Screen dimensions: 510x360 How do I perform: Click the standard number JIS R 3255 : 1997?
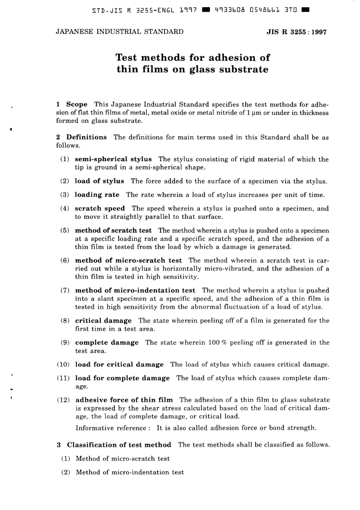click(x=296, y=32)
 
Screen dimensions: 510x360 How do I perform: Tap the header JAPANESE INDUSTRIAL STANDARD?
click(x=119, y=32)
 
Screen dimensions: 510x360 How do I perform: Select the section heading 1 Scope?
click(x=72, y=104)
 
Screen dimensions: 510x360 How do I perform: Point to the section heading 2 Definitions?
click(x=81, y=137)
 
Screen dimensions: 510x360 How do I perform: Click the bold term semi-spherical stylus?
click(x=113, y=159)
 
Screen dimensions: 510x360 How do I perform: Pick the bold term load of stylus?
click(x=99, y=181)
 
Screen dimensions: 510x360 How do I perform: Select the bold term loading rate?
click(x=97, y=195)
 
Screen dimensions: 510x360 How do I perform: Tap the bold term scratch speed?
click(x=100, y=209)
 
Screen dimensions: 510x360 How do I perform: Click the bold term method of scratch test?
click(x=113, y=231)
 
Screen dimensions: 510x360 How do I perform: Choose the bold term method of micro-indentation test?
click(x=135, y=290)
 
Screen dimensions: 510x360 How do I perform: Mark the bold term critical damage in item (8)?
click(x=103, y=321)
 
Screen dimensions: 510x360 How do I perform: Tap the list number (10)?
click(x=63, y=365)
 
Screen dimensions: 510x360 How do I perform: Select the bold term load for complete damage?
click(x=122, y=378)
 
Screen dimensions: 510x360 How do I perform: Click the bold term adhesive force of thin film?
click(x=124, y=400)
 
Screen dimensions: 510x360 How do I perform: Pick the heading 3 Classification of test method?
click(x=114, y=445)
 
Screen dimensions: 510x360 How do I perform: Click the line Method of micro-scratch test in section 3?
click(x=123, y=459)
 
